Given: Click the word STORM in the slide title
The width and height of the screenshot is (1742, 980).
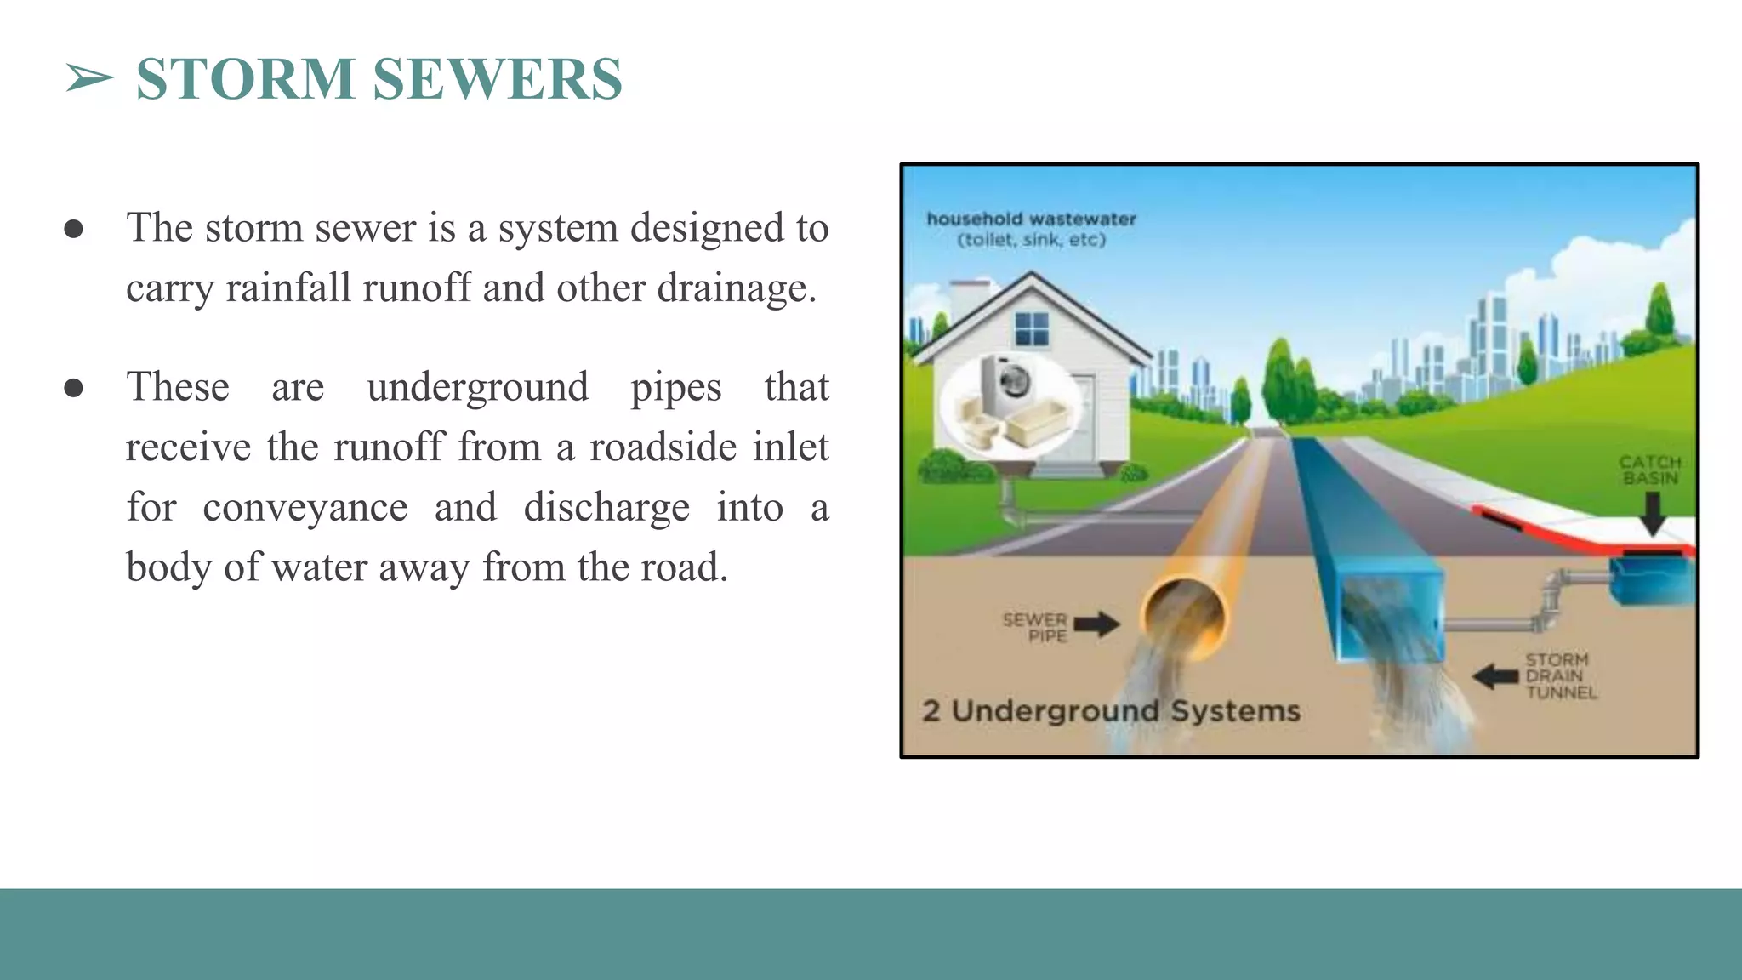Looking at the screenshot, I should [x=245, y=79].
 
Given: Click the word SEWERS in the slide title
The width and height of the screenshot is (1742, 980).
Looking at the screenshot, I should [x=498, y=79].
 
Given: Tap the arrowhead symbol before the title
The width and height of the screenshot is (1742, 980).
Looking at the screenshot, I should [x=89, y=79].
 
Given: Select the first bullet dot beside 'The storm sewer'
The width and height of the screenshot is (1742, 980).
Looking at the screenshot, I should [x=74, y=229].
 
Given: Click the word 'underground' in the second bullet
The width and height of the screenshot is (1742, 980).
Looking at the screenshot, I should [x=477, y=387].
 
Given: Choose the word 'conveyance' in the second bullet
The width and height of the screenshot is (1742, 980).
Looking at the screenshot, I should [x=305, y=507].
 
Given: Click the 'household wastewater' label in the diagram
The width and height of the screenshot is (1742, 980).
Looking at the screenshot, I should [x=1031, y=219].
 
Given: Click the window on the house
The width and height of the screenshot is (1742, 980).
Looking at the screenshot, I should [x=1032, y=328].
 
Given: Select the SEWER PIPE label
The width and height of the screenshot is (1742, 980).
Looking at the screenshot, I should [x=1035, y=627].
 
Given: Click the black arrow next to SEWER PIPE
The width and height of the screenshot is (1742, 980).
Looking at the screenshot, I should [x=1096, y=624].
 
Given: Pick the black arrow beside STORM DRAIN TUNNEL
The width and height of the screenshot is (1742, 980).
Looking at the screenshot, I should [x=1494, y=677].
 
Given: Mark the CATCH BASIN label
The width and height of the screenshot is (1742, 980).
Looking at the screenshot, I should [x=1649, y=470].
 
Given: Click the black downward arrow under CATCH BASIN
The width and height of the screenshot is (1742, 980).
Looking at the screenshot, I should [x=1652, y=514].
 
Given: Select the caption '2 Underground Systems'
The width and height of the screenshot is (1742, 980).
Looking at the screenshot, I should [x=1111, y=710].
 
